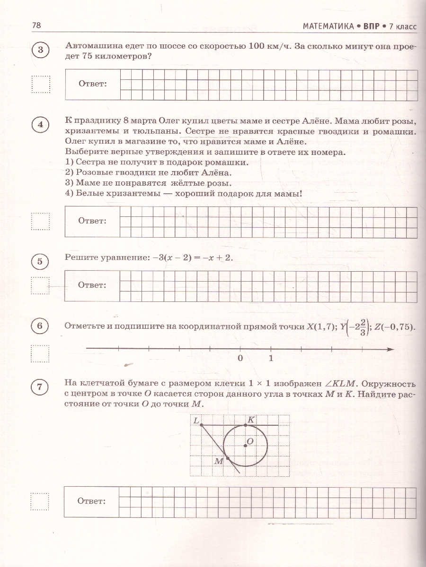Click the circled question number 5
point(40,262)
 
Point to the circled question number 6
point(40,326)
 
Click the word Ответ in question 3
point(92,84)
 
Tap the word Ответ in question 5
point(92,285)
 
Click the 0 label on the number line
point(240,358)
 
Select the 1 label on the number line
point(271,358)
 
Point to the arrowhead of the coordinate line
point(390,349)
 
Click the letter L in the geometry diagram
point(195,420)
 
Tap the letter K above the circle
point(251,420)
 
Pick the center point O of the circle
point(245,445)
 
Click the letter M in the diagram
point(218,461)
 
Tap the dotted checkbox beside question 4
point(40,221)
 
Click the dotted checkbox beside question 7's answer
point(40,501)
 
